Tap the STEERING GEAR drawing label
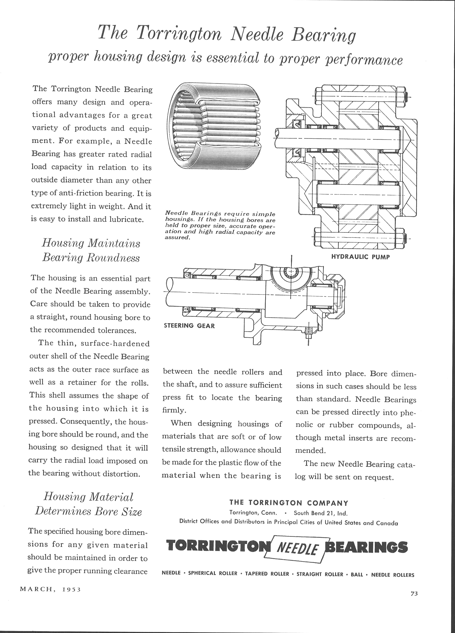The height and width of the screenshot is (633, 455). click(189, 326)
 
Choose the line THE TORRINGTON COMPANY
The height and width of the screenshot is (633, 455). click(289, 503)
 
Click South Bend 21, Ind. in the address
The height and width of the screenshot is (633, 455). click(320, 513)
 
